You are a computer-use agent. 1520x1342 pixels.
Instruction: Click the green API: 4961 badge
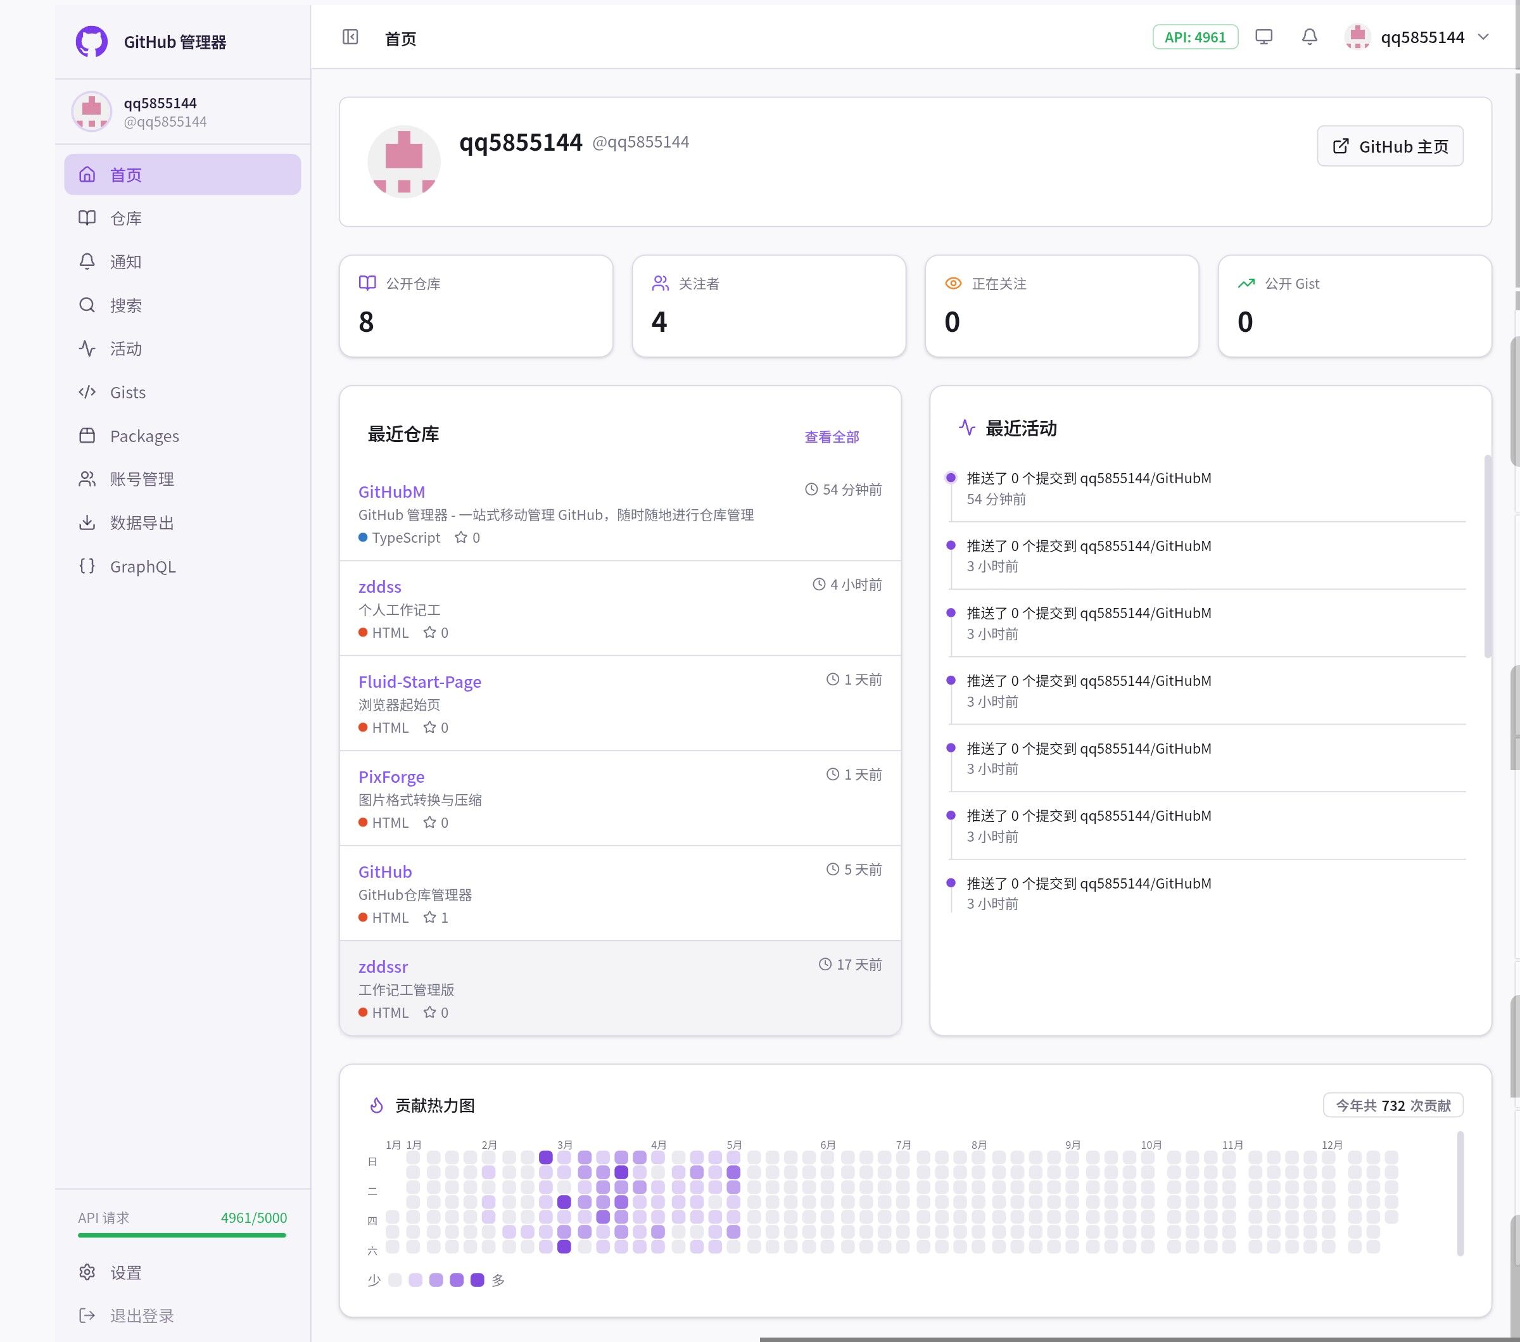click(x=1194, y=37)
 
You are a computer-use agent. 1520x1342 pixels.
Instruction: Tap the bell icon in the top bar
click(x=1309, y=37)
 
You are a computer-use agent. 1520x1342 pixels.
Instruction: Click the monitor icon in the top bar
click(x=1263, y=37)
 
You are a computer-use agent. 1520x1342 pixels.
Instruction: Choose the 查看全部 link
click(x=832, y=436)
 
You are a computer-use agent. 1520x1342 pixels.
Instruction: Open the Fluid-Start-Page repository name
click(x=419, y=682)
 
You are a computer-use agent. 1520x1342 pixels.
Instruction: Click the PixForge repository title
click(x=391, y=777)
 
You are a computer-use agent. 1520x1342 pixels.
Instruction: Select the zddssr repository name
click(x=383, y=966)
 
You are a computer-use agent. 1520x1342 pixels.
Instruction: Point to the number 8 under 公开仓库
click(x=366, y=322)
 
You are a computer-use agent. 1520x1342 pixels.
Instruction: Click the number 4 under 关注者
click(x=659, y=322)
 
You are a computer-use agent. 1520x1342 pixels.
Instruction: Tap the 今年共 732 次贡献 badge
click(x=1393, y=1105)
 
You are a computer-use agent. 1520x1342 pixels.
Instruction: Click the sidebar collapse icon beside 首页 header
click(x=350, y=37)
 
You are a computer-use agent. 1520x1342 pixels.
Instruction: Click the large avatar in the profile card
click(x=404, y=161)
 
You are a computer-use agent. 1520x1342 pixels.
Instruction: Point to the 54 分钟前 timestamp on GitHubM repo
click(x=844, y=489)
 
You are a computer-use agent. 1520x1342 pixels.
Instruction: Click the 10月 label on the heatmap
click(x=1151, y=1145)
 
